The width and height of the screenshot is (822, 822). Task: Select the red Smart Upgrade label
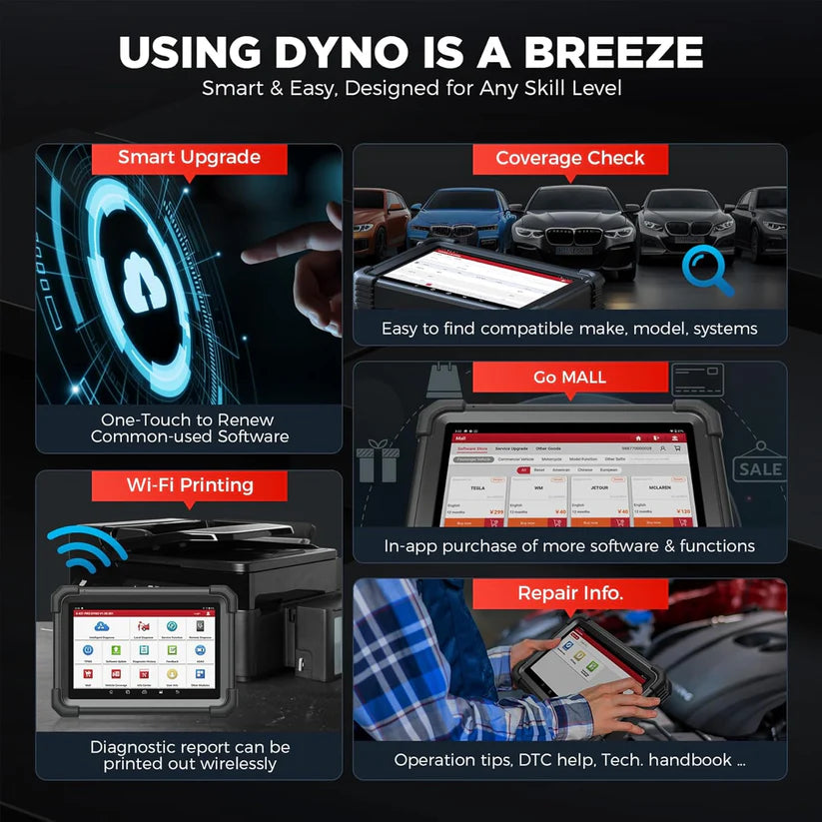tap(189, 158)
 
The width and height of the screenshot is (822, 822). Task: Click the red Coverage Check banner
tap(570, 158)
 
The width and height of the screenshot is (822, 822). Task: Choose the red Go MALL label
tap(570, 376)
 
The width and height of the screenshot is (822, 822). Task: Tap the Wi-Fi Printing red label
tap(189, 485)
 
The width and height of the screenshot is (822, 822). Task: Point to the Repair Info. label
tap(570, 593)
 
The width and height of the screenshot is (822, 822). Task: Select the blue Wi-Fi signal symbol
tap(86, 549)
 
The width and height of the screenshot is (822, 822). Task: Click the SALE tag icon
tap(760, 468)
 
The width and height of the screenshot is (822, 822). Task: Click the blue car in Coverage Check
tap(455, 214)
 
